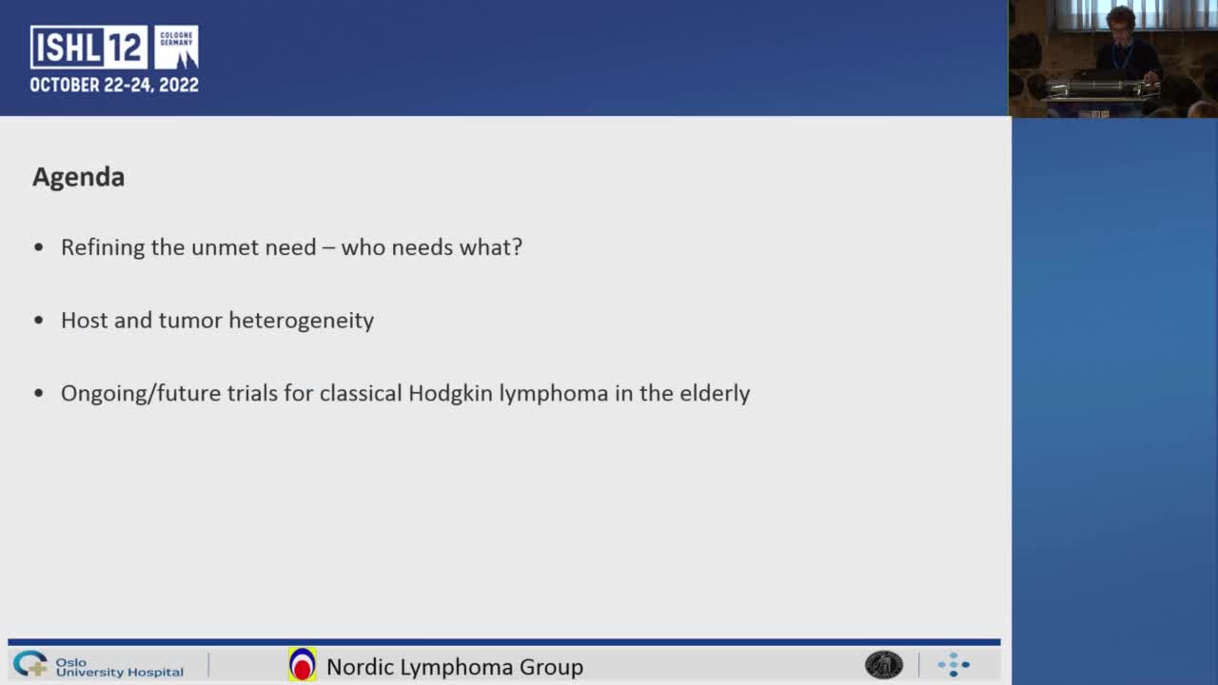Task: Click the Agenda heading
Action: coord(78,177)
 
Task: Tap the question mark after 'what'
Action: coord(517,247)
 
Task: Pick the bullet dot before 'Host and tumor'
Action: coord(39,321)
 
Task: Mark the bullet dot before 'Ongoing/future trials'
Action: coord(39,394)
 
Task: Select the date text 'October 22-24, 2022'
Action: coord(114,85)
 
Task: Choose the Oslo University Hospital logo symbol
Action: coord(29,663)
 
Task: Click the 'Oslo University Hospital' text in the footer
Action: coord(119,666)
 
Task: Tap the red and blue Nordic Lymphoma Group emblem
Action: coord(302,665)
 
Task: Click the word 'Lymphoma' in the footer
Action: coord(455,667)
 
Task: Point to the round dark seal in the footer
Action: coord(883,665)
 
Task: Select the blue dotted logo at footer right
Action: coord(953,665)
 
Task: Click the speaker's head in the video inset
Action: coord(1120,18)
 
